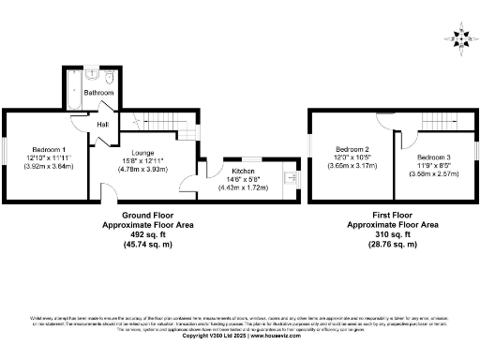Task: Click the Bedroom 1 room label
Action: [49, 150]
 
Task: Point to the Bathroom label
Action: [98, 94]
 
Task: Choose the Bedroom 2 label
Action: [353, 150]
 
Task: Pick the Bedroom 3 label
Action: [433, 156]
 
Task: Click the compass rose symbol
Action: [459, 37]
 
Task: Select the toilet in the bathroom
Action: [110, 77]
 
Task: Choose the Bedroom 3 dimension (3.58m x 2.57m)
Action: [433, 172]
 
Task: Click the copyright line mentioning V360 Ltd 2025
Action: [240, 335]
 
